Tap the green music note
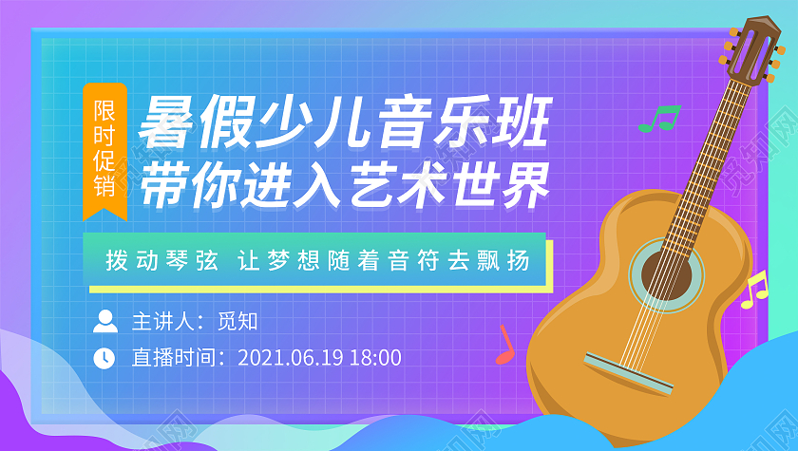click(659, 119)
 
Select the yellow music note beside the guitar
click(754, 290)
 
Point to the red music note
click(503, 347)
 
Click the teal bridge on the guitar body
click(628, 371)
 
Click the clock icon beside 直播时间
click(104, 358)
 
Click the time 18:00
click(375, 358)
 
